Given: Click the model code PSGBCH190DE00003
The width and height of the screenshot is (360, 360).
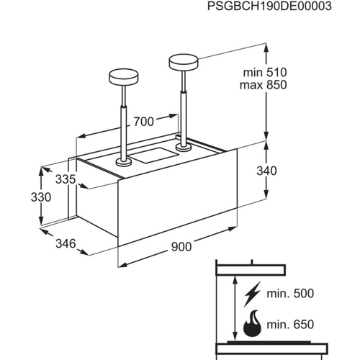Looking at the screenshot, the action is click(x=269, y=6).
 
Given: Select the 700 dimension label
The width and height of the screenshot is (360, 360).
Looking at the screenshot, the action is click(x=144, y=122).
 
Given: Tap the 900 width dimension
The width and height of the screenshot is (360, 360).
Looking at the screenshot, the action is click(x=181, y=247).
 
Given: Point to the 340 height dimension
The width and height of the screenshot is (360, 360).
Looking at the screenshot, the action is click(x=266, y=171).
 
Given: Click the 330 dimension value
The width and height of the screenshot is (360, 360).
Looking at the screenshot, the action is click(x=41, y=197).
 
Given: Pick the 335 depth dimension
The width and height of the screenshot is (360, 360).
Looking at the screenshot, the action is click(x=66, y=179).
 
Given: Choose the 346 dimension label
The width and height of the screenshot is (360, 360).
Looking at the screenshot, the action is click(x=66, y=244).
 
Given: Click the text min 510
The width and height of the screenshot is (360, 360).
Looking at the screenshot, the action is click(x=265, y=73).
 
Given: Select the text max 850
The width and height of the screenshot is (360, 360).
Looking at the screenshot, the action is click(x=264, y=85).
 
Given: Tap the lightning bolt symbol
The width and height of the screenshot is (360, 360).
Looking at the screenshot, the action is click(x=252, y=294).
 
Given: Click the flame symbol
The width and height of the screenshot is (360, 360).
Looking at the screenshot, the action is click(x=252, y=323).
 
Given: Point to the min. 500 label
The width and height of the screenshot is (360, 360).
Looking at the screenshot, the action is click(x=290, y=294).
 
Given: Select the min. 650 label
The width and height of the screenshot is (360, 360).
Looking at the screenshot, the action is click(x=290, y=325).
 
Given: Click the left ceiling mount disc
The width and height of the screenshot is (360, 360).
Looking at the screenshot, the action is click(x=124, y=76).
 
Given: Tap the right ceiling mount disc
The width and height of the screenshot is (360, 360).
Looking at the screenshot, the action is click(x=184, y=62).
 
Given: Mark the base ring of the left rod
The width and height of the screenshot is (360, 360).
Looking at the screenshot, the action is click(x=124, y=162).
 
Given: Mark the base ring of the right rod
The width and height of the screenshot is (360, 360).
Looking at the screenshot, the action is click(x=184, y=148).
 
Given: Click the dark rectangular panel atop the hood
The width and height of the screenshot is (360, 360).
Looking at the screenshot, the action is click(x=155, y=156).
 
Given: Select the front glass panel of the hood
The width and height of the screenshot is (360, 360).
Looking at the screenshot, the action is click(x=178, y=197).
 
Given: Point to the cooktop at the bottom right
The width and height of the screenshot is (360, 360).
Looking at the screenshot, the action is click(x=271, y=348).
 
